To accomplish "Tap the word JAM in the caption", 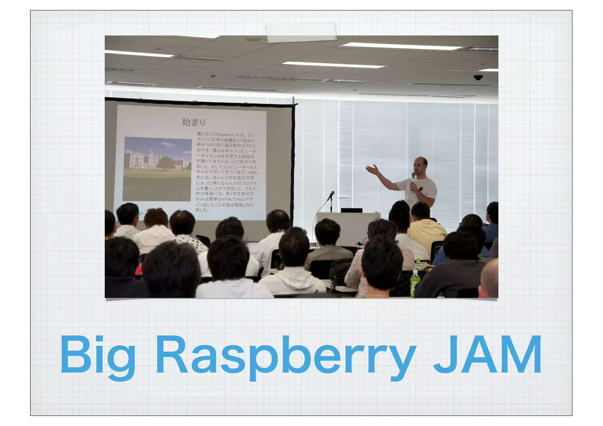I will coord(488,355).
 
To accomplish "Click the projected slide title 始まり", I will coord(193,122).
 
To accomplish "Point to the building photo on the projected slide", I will coord(157,169).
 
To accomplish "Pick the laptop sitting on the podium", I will coord(352,210).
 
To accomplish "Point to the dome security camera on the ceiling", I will coord(478,77).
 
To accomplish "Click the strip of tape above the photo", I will coord(301,32).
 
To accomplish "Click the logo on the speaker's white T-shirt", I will coord(421,189).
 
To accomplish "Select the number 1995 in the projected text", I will coord(252,173).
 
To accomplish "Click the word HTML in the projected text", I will coord(227,199).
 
